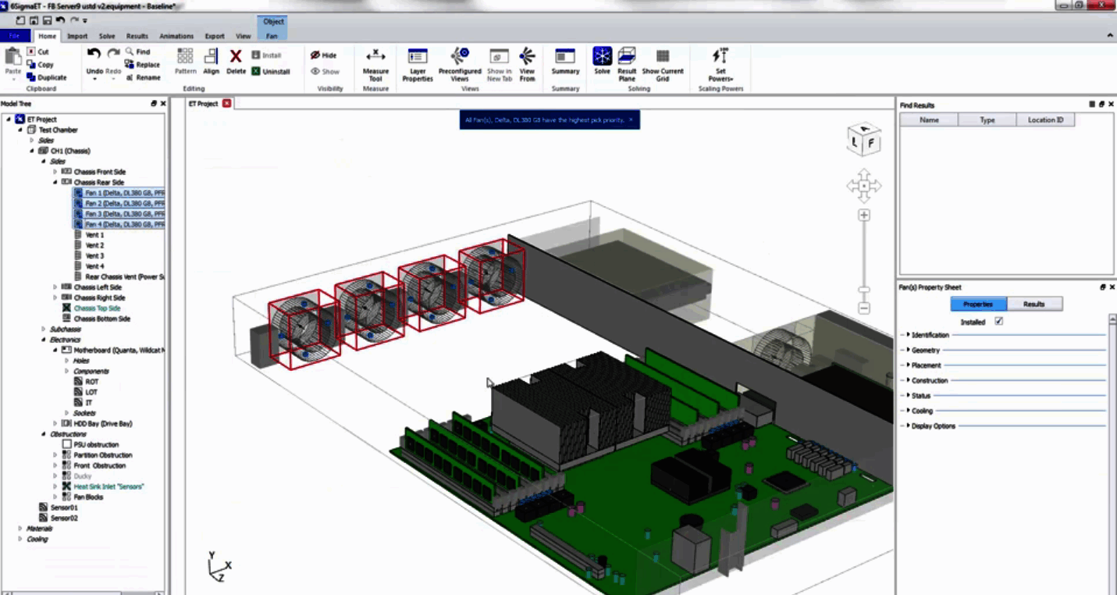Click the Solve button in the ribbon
[x=602, y=62]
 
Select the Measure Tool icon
[x=375, y=62]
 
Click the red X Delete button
[x=236, y=61]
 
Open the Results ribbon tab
[x=137, y=36]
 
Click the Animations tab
[x=176, y=36]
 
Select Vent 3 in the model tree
[x=94, y=256]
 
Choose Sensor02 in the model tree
[x=64, y=518]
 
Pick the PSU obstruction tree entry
[x=96, y=444]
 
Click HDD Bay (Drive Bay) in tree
[x=103, y=423]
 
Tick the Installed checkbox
[x=998, y=322]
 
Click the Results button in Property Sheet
[x=1033, y=304]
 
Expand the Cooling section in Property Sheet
[x=922, y=411]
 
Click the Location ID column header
[x=1045, y=120]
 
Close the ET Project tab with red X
[x=226, y=103]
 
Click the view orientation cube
[x=864, y=140]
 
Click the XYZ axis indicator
[x=218, y=566]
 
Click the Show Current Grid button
[x=662, y=62]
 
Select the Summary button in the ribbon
[x=565, y=62]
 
